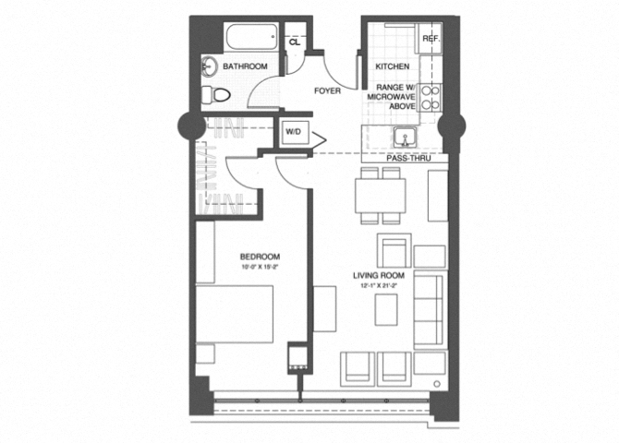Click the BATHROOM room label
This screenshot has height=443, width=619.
click(x=245, y=66)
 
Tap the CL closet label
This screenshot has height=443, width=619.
click(x=295, y=42)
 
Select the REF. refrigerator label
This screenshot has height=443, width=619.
click(x=430, y=39)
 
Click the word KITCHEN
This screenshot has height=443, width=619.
click(x=393, y=66)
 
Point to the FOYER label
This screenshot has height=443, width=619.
click(x=327, y=90)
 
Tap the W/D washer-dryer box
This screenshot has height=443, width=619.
click(x=294, y=132)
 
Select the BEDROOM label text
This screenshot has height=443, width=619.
click(x=260, y=257)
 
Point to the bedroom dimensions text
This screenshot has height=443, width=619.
click(x=260, y=268)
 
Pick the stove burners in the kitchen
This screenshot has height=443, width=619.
click(x=431, y=99)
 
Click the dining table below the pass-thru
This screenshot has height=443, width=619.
click(x=381, y=195)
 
